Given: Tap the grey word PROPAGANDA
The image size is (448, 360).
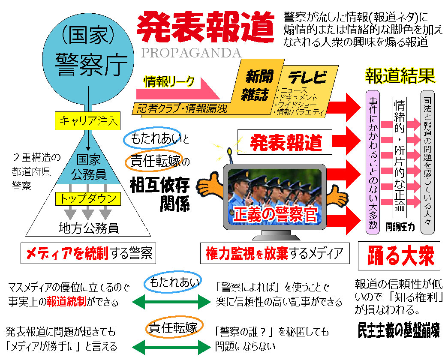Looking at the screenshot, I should [191, 53].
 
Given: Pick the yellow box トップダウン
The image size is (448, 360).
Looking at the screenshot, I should [88, 199].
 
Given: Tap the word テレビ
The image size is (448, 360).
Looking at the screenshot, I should [307, 77].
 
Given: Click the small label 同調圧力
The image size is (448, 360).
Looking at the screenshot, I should [400, 227].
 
